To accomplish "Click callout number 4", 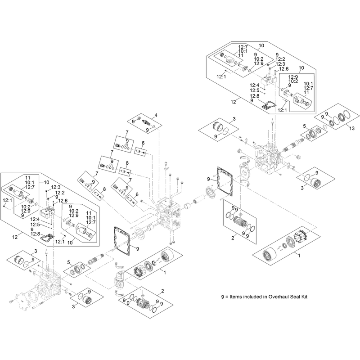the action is pyautogui.click(x=156, y=115).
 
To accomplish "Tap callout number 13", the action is pyautogui.click(x=352, y=129).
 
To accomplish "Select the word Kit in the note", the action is pyautogui.click(x=304, y=297).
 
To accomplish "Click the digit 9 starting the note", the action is pyautogui.click(x=222, y=297).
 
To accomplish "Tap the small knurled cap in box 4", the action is pyautogui.click(x=139, y=118).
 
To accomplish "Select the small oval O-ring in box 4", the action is pyautogui.click(x=153, y=127).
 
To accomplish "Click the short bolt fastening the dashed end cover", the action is pyautogui.click(x=12, y=301).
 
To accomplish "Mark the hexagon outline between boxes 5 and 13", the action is pyautogui.click(x=324, y=126).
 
